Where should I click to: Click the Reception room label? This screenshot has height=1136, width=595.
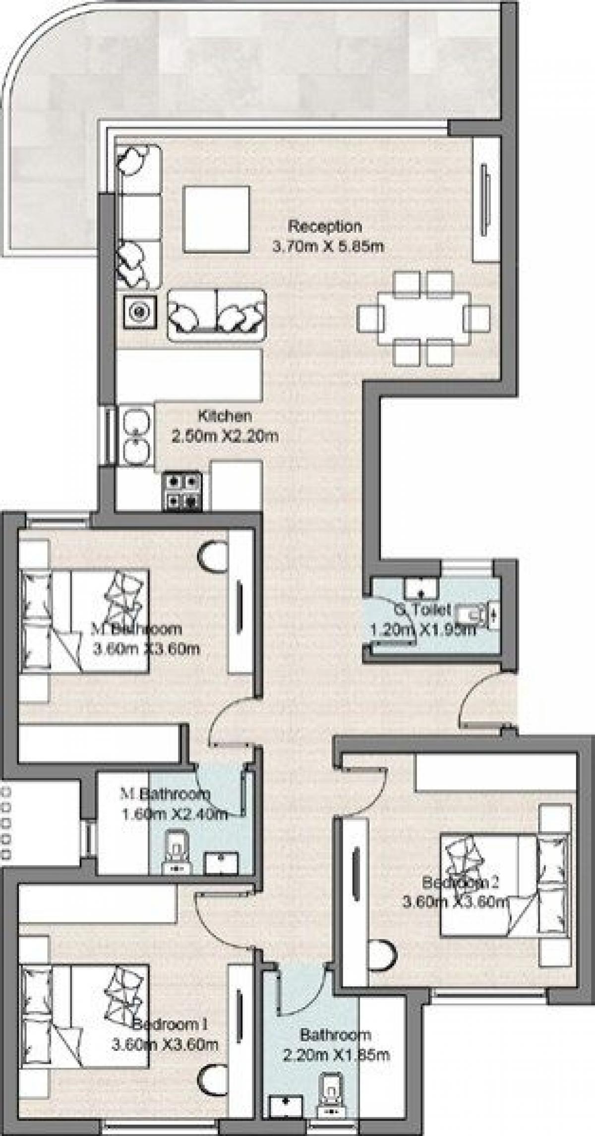[x=325, y=227]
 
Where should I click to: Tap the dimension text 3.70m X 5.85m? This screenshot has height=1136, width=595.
[x=328, y=246]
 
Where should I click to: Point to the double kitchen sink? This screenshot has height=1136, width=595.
[x=136, y=436]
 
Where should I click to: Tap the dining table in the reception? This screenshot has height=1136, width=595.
[x=424, y=319]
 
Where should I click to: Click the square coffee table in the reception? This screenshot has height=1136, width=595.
[x=215, y=219]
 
